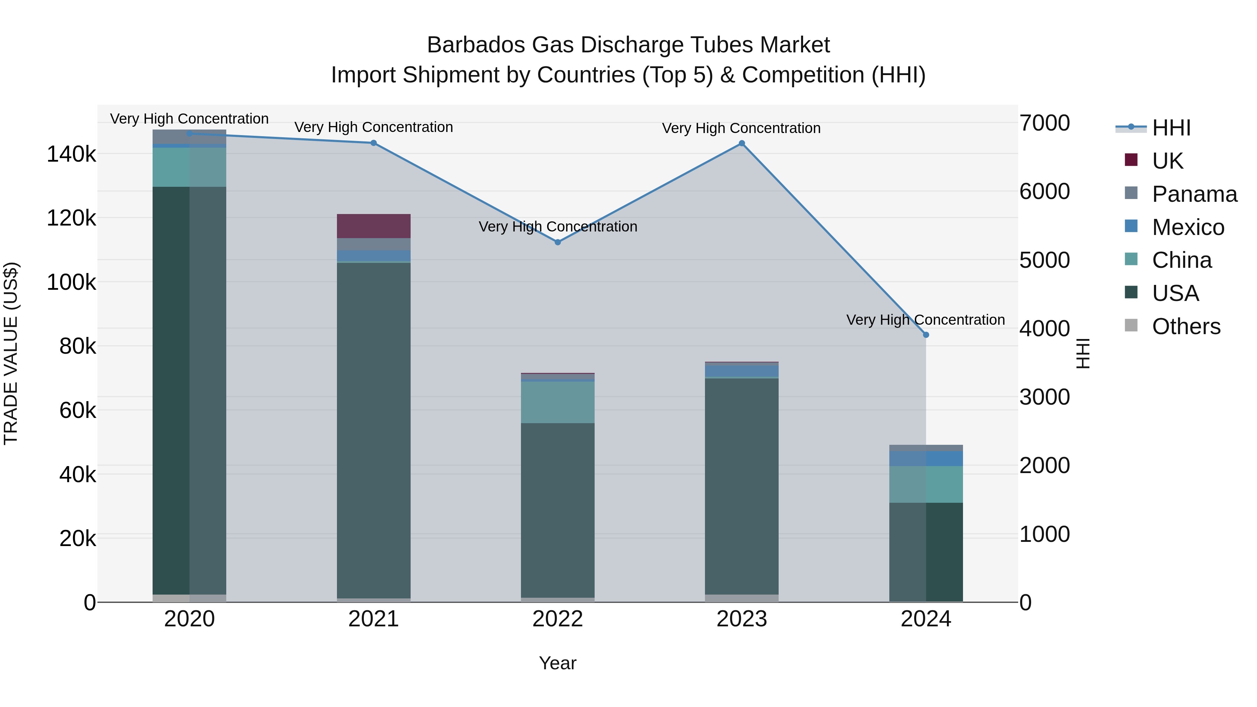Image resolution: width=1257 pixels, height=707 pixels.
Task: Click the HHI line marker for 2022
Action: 558,242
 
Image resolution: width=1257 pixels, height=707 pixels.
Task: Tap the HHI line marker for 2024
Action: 926,335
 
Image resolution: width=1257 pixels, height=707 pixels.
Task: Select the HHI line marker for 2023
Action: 742,143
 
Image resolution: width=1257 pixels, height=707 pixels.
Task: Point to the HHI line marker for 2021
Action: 374,143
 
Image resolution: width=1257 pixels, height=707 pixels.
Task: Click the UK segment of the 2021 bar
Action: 374,226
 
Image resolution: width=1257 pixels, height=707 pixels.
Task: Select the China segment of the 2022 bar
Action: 558,402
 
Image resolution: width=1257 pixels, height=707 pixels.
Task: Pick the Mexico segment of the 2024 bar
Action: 926,459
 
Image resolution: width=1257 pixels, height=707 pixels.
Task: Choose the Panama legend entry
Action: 1194,194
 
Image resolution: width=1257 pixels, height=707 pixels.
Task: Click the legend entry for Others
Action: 1186,326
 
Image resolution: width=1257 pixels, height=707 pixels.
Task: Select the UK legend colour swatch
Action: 1131,160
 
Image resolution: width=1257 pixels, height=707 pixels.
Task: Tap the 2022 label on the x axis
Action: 558,619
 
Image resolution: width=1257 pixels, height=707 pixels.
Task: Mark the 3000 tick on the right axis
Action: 1044,397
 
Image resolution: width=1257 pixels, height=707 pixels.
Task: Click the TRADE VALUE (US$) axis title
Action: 11,353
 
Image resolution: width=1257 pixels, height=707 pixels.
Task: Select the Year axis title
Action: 558,663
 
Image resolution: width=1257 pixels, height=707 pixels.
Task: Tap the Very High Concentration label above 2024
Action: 926,320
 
